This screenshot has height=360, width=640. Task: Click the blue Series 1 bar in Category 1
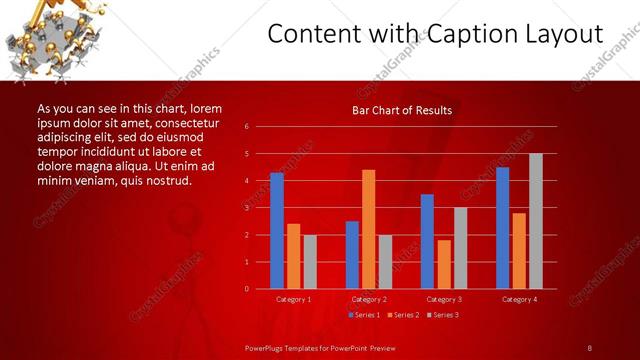[277, 231]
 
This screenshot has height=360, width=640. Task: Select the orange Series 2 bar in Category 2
[368, 229]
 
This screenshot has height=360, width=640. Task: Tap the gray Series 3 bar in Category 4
[535, 221]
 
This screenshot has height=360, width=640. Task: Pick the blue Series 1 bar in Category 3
[427, 241]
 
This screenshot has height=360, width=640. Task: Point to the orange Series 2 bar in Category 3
[443, 264]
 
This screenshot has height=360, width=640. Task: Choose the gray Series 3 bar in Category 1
[310, 262]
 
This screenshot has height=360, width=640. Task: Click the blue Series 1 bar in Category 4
[502, 228]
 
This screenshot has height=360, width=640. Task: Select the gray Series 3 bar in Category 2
[385, 262]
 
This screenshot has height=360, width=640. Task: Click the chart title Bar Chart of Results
[402, 109]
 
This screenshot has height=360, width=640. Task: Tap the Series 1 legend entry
[364, 315]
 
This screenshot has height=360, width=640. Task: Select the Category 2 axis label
[368, 299]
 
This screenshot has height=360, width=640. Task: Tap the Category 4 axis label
[518, 299]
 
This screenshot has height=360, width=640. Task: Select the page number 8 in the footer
[590, 347]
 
